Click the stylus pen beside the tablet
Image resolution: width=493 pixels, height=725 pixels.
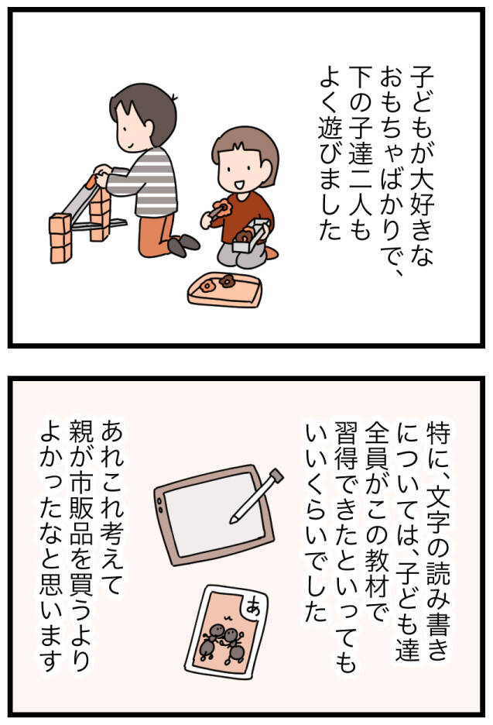[256, 496]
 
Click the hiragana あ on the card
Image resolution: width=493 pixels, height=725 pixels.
[253, 606]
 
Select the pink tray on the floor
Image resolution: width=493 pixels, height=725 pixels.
[225, 289]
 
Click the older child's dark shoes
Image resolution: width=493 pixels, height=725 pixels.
[183, 245]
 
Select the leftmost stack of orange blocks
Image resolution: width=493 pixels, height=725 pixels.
[60, 238]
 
